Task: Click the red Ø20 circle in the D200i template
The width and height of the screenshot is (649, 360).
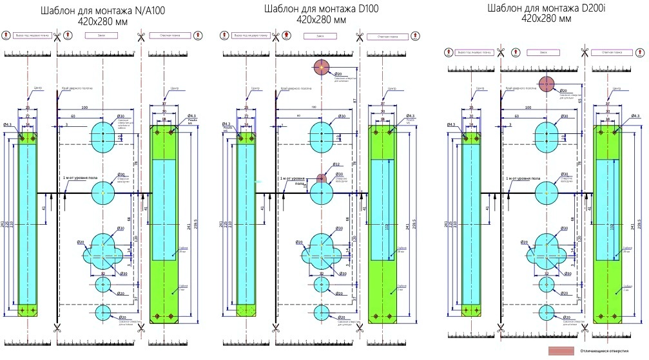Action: tap(547, 84)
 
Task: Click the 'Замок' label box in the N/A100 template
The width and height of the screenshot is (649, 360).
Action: tap(100, 36)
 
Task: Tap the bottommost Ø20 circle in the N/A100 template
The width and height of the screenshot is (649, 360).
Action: tap(103, 313)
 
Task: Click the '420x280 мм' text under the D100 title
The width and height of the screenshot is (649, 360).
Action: tap(321, 20)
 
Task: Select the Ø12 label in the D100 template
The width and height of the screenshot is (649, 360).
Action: tap(336, 164)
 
